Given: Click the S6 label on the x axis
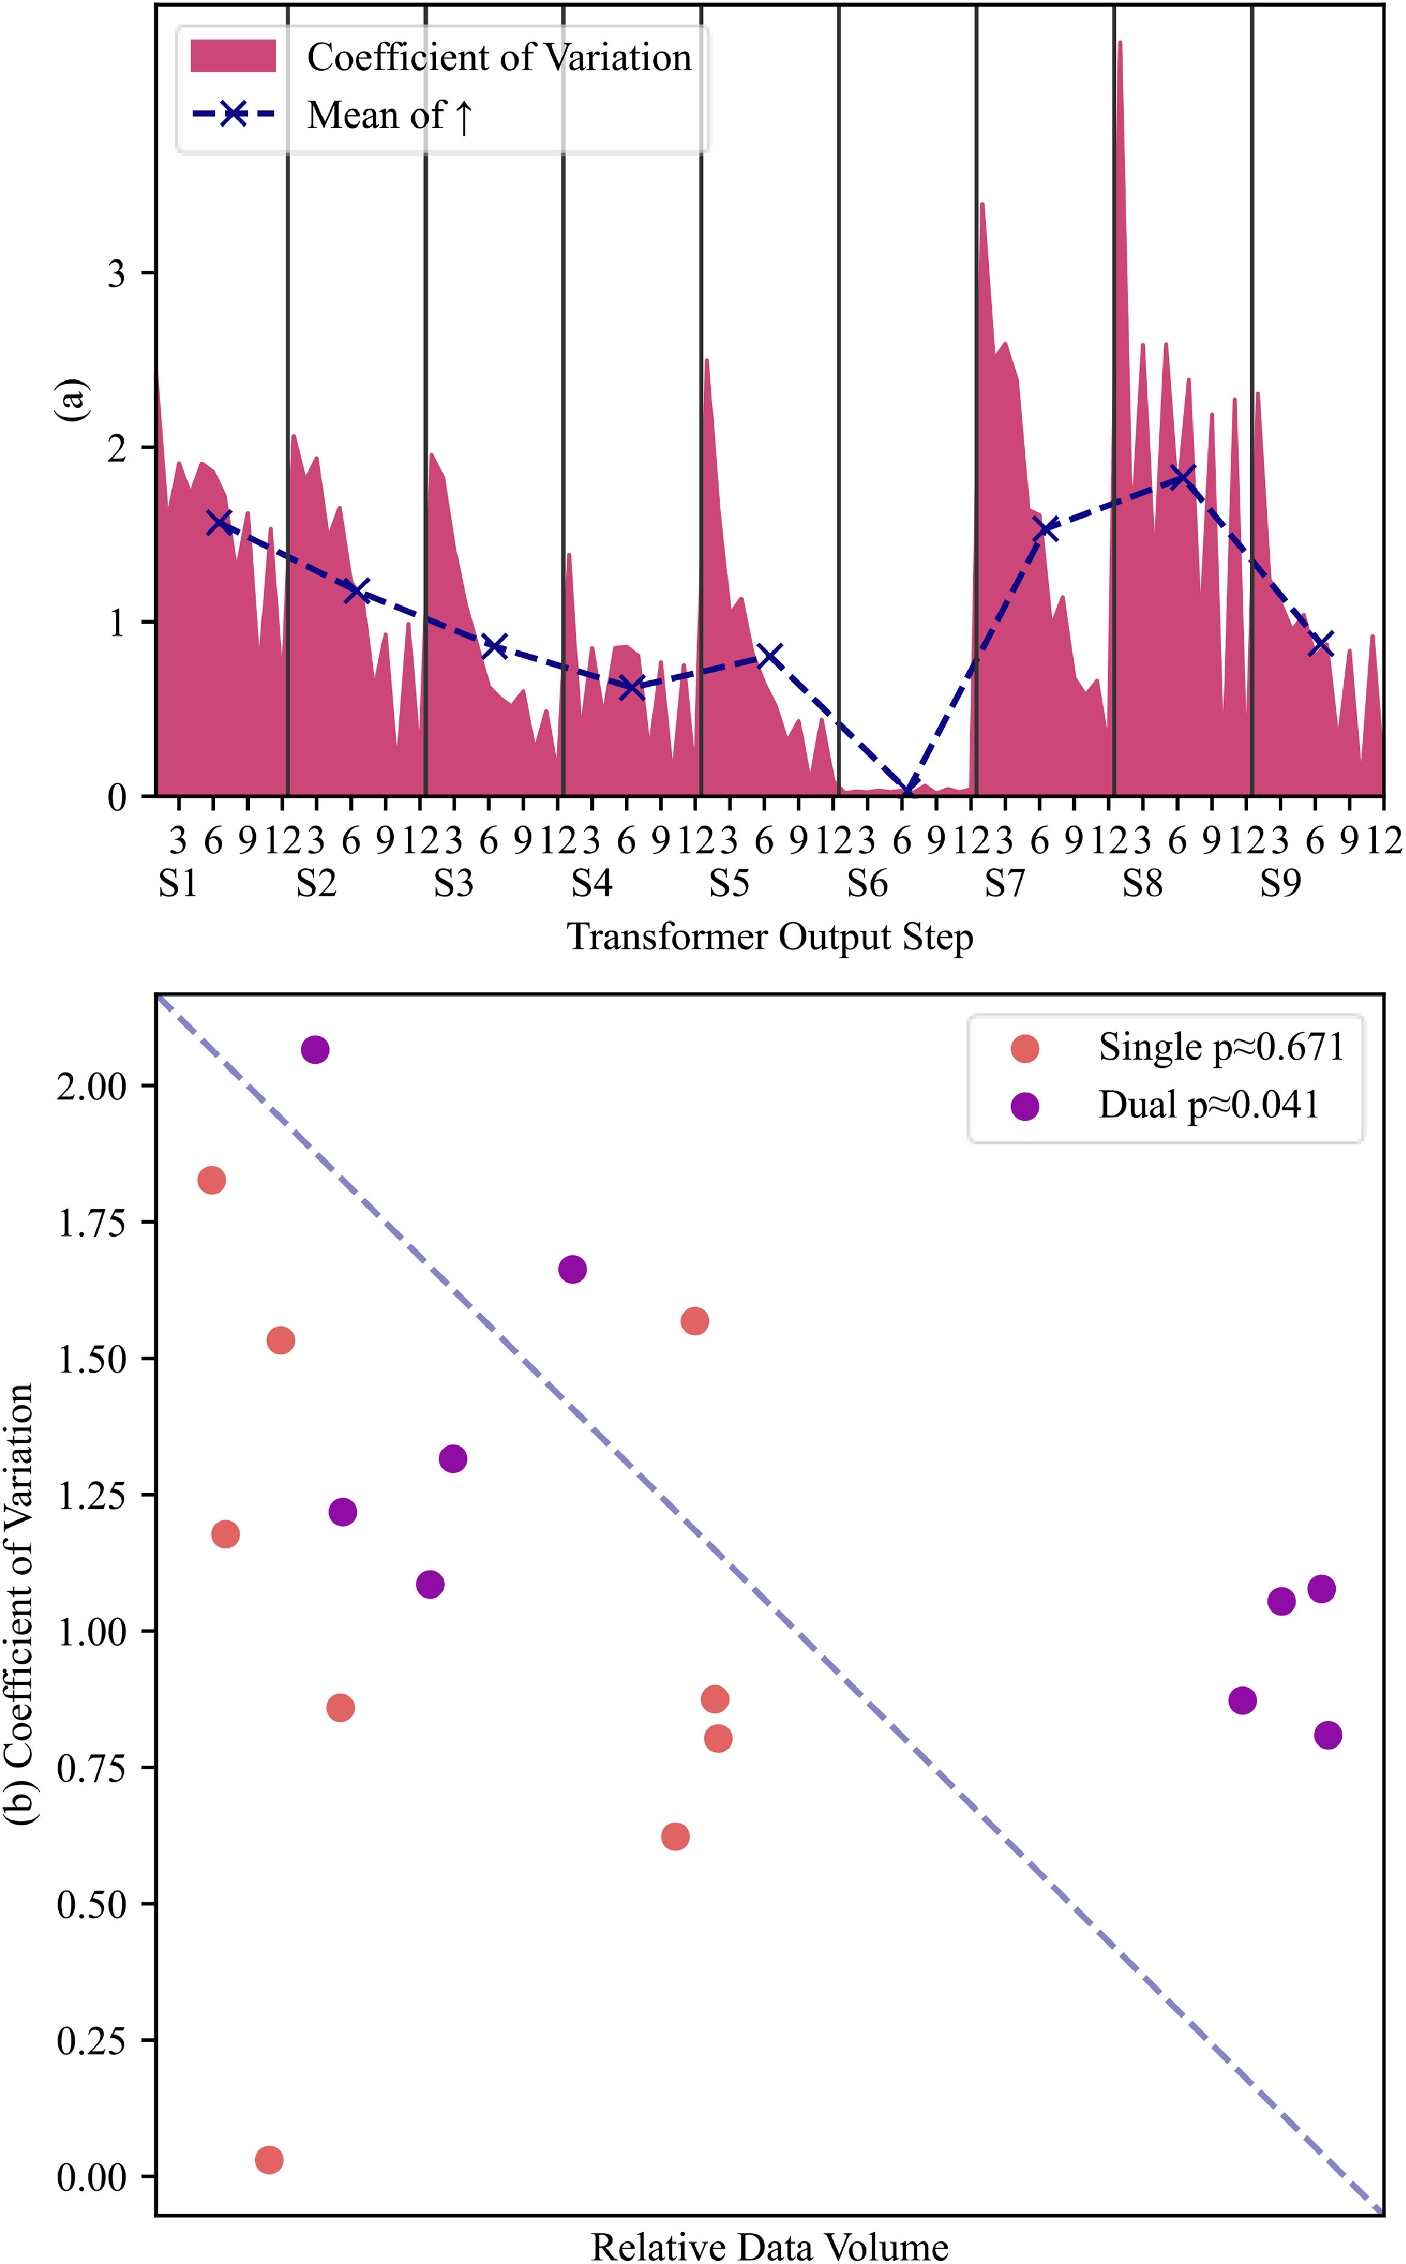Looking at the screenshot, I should coord(867,883).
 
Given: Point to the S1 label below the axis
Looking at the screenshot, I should coord(178,883).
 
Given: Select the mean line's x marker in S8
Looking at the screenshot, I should coord(1181,477).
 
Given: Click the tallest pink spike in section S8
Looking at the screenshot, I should coord(1120,44).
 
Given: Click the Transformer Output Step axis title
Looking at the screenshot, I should coord(770,937).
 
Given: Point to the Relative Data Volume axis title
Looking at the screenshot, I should coord(770,2247).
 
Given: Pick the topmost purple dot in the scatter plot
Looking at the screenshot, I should coord(315,1049).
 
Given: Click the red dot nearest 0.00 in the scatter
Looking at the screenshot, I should coord(269,2160).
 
